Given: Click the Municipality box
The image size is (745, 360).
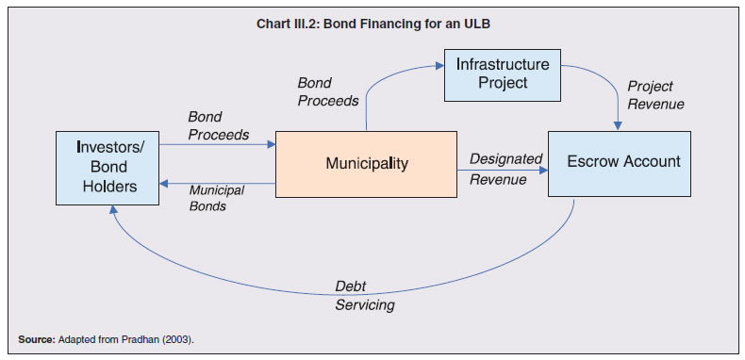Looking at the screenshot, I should [367, 164].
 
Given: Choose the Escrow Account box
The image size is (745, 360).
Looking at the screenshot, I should [622, 162].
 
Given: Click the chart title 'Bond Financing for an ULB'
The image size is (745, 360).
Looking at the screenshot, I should [372, 24].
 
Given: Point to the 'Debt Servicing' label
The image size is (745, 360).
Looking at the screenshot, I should [364, 296].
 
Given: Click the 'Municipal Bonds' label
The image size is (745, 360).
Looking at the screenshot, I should [216, 198].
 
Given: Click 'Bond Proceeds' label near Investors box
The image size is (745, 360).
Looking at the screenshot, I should [218, 125].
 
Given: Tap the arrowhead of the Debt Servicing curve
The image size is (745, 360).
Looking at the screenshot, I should [112, 214].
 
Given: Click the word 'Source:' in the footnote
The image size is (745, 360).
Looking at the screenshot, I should [35, 338].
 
